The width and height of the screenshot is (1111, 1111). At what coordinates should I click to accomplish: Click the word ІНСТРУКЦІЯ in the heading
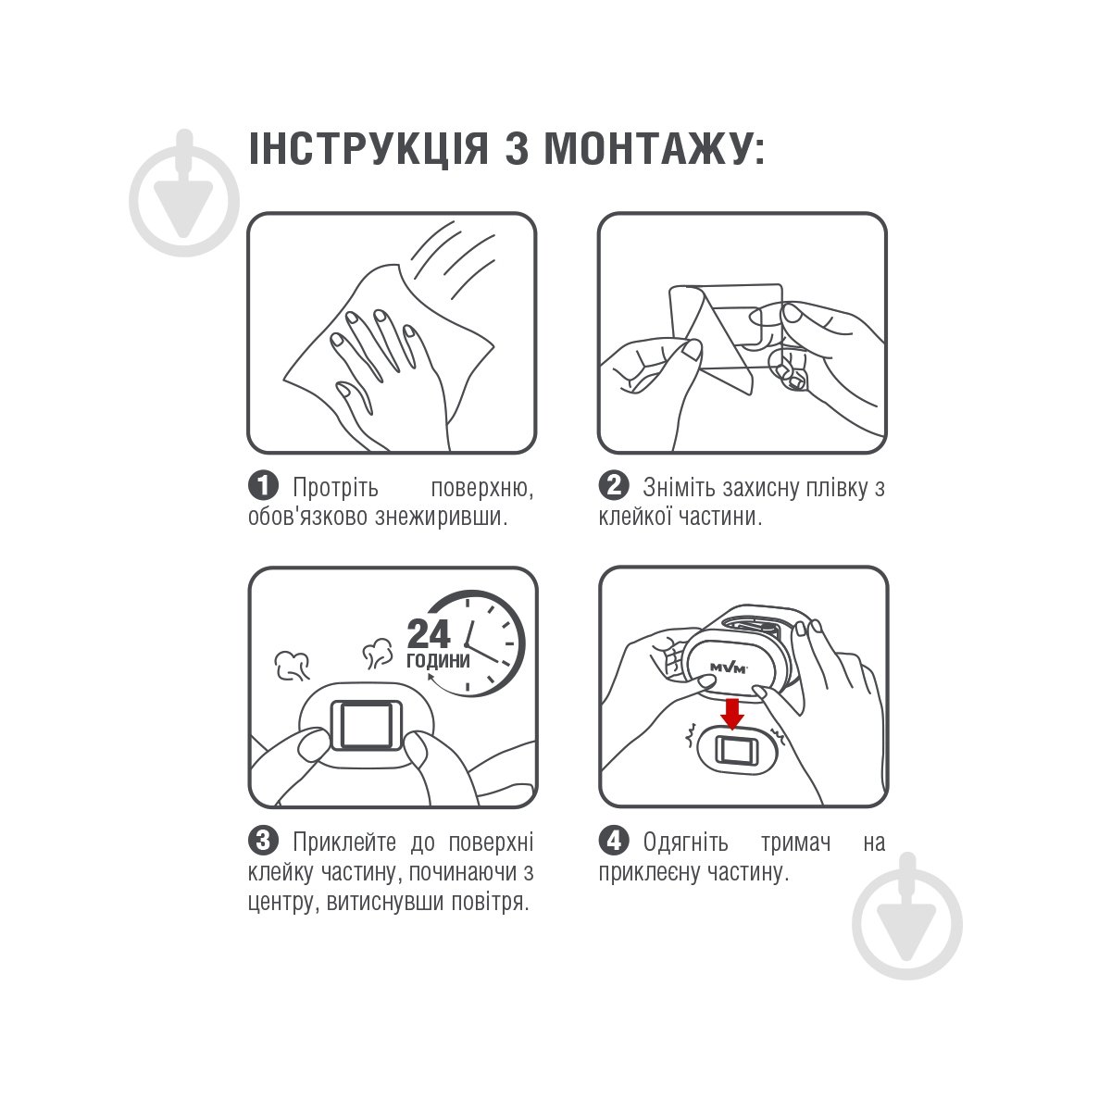click(x=368, y=149)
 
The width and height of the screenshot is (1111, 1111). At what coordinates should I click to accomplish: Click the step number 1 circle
click(x=263, y=486)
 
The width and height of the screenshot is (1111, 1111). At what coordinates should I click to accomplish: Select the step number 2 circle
click(x=614, y=486)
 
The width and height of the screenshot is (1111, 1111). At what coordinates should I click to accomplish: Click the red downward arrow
click(x=732, y=714)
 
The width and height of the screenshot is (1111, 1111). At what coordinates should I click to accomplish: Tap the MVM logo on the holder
click(x=729, y=668)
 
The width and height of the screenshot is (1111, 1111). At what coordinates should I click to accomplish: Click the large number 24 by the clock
click(x=430, y=634)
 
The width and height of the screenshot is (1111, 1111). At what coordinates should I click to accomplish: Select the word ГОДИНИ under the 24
click(x=438, y=660)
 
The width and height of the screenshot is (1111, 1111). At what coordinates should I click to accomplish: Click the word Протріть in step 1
click(x=335, y=488)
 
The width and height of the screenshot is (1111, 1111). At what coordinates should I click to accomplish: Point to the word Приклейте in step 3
click(x=344, y=843)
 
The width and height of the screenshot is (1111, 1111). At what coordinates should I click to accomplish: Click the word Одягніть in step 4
click(x=685, y=843)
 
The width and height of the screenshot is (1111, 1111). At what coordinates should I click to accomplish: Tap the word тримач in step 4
click(x=796, y=843)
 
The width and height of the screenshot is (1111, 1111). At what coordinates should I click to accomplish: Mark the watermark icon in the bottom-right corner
click(x=907, y=917)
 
